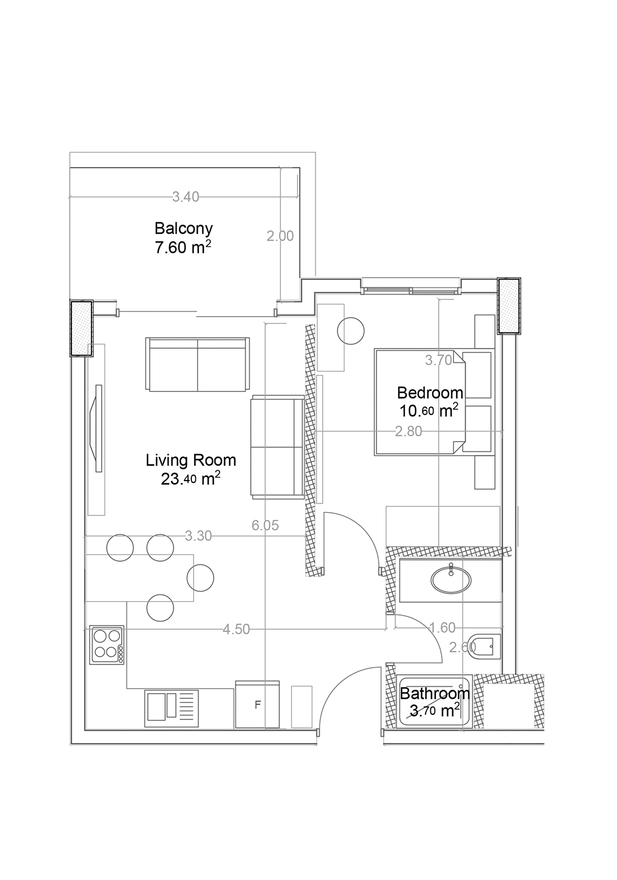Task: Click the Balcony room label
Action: (x=183, y=228)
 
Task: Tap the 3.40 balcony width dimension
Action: (x=186, y=197)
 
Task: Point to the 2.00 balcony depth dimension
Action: (x=280, y=236)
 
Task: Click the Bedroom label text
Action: (x=430, y=393)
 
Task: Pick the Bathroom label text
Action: (x=435, y=694)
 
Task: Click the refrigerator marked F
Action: (x=257, y=705)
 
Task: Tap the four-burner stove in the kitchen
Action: (x=107, y=645)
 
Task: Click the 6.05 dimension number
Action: (x=265, y=525)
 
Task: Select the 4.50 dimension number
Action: (x=236, y=629)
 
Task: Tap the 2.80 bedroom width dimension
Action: (x=408, y=431)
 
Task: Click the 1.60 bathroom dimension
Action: (x=442, y=628)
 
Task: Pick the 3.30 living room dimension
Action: (x=198, y=536)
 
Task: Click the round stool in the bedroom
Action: (x=351, y=331)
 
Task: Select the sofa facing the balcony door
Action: (x=198, y=364)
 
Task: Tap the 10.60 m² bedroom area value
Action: (x=429, y=411)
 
